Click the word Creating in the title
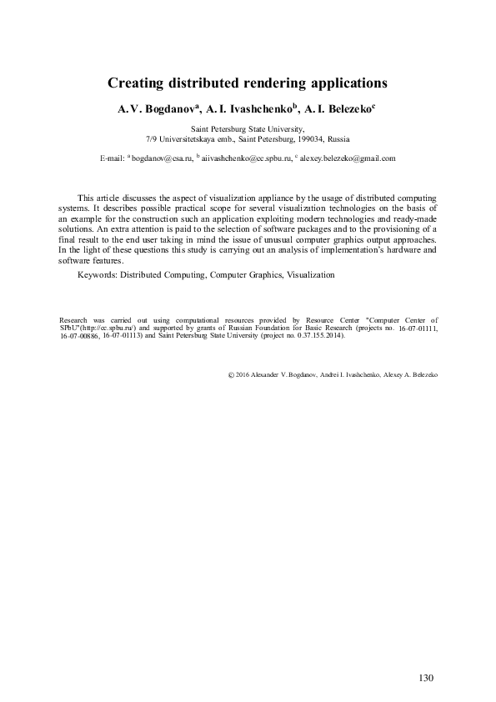[136, 83]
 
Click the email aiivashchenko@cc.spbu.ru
[246, 157]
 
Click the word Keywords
[96, 274]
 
